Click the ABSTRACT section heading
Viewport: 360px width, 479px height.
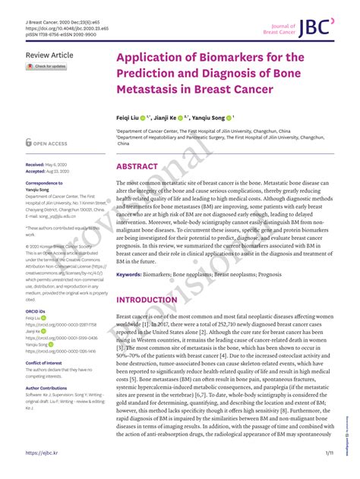click(x=137, y=166)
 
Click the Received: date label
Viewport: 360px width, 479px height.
click(x=36, y=164)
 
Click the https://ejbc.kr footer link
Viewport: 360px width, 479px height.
click(x=43, y=452)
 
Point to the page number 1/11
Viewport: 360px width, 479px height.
click(x=330, y=452)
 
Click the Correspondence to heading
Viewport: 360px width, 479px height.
click(x=44, y=184)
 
